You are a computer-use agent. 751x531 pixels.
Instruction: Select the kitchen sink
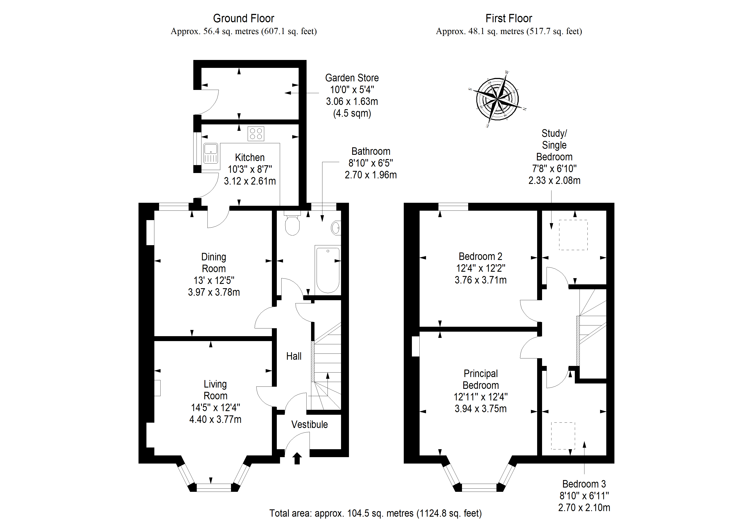pyautogui.click(x=211, y=153)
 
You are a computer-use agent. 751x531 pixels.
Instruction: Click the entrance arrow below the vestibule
pyautogui.click(x=297, y=458)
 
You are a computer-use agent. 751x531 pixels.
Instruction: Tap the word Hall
pyautogui.click(x=294, y=356)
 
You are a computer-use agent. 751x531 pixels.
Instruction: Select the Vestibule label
pyautogui.click(x=309, y=424)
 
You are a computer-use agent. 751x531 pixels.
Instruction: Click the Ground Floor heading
pyautogui.click(x=244, y=18)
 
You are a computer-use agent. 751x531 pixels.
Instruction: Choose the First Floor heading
pyautogui.click(x=509, y=18)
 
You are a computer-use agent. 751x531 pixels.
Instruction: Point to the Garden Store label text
pyautogui.click(x=352, y=78)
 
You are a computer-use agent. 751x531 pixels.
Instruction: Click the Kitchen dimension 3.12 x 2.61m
pyautogui.click(x=250, y=181)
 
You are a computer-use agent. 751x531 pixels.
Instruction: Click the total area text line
pyautogui.click(x=375, y=513)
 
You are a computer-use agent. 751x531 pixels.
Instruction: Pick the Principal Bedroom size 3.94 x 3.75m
pyautogui.click(x=480, y=409)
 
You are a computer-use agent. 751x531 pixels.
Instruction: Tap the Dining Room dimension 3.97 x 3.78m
pyautogui.click(x=214, y=292)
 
